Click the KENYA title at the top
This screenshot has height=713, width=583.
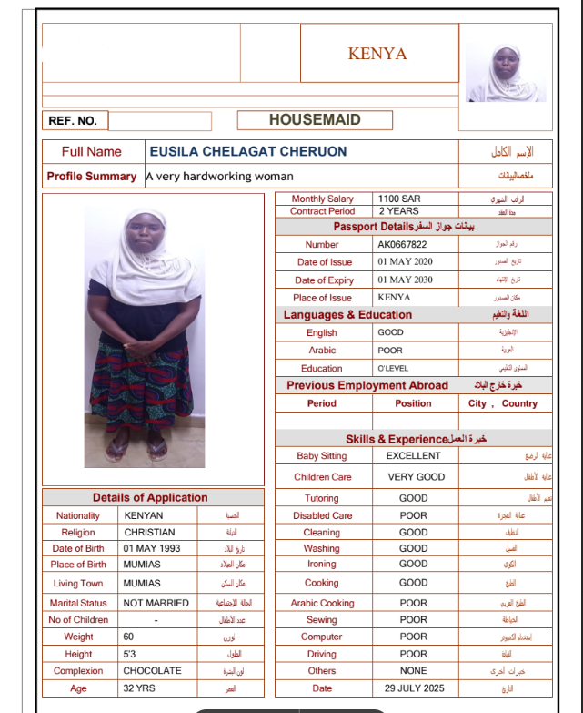(377, 54)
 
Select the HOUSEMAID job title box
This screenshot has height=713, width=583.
(315, 120)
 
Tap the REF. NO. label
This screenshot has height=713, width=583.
(73, 121)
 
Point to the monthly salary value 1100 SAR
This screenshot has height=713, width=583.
(399, 199)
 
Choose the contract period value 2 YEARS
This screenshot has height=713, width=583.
(399, 211)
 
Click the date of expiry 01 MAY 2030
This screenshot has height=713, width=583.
(405, 280)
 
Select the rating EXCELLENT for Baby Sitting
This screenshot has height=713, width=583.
(413, 455)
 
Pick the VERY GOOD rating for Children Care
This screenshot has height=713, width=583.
(416, 477)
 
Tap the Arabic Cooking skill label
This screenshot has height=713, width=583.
(322, 603)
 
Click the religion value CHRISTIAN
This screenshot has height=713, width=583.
(149, 532)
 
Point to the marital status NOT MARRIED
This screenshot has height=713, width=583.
(156, 603)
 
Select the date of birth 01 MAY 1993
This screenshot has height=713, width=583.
(152, 549)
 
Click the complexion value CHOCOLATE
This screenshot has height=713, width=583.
(152, 671)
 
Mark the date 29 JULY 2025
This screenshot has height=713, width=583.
(414, 688)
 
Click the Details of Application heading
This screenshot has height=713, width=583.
(150, 497)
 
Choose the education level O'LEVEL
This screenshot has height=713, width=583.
(397, 369)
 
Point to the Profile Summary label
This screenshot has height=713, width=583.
(92, 177)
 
